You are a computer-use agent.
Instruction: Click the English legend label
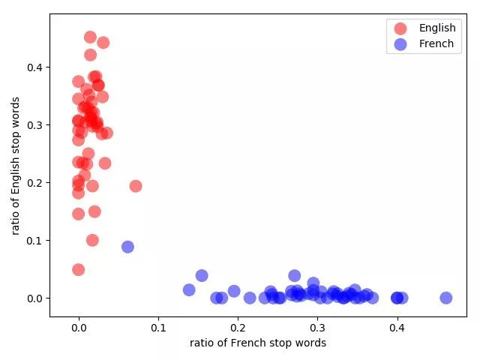coord(437,28)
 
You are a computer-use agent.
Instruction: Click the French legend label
coord(436,43)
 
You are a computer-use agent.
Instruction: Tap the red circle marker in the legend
coord(400,28)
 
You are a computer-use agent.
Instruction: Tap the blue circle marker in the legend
coord(400,43)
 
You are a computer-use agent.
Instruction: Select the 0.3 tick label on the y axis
coord(35,125)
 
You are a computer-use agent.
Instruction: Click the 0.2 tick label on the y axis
coord(35,183)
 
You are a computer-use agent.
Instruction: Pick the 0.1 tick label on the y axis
coord(35,241)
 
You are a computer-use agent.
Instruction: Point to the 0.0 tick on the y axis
coord(35,298)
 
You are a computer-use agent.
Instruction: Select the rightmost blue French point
coord(446,298)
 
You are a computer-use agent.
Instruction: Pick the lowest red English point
coord(78,269)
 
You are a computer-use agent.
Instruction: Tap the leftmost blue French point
coord(127,247)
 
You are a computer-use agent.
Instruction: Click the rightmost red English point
coord(136,186)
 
